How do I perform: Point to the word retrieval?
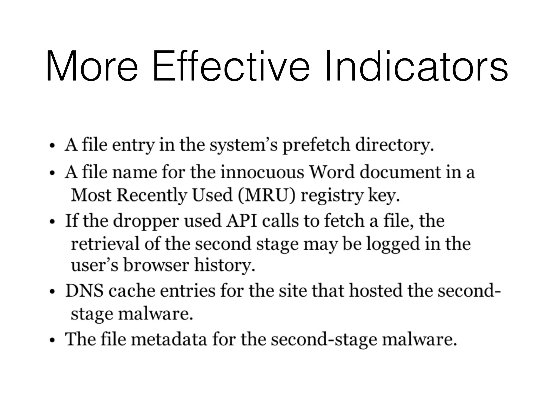[105, 243]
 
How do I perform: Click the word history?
[225, 266]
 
